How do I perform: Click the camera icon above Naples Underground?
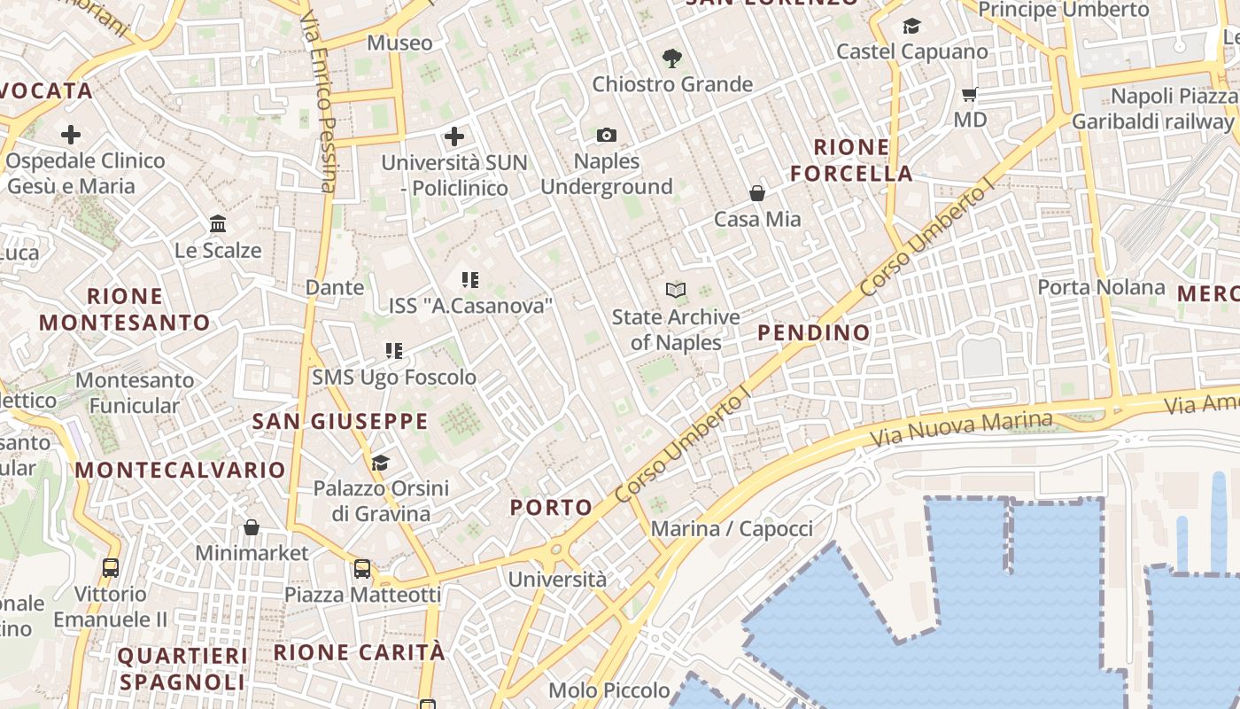pos(607,135)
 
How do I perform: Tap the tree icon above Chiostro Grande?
pos(672,58)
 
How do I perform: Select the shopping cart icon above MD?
pos(970,93)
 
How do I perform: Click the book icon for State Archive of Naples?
pos(676,290)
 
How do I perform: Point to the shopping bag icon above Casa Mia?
pos(757,192)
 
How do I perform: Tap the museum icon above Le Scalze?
pos(218,223)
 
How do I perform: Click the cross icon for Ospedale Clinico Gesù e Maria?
pos(71,135)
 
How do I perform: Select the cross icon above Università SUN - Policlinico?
pos(454,136)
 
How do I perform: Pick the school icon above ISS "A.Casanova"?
pos(470,280)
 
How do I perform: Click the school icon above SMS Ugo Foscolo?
pos(394,351)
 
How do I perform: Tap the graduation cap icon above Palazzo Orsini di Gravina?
pos(381,462)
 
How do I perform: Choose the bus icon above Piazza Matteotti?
pos(362,568)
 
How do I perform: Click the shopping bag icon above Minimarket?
pos(252,527)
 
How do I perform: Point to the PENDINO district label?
pos(814,333)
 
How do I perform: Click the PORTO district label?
pos(551,507)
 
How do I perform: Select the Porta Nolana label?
pos(1101,287)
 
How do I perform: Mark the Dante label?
pos(335,287)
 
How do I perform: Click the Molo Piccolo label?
pos(609,690)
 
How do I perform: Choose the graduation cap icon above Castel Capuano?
pos(911,27)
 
